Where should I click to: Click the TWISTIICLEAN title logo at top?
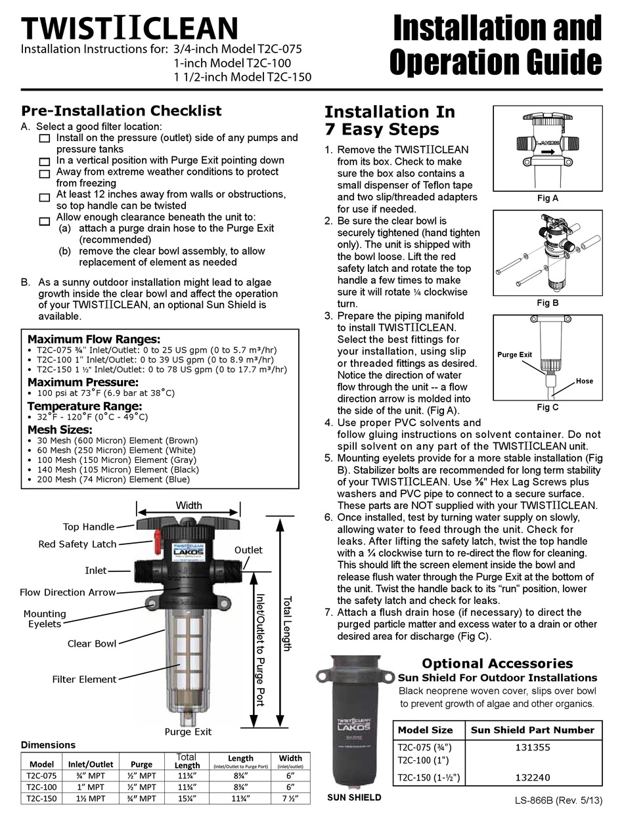129,28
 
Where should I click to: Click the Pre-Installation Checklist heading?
122,110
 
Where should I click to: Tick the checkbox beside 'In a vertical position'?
44,162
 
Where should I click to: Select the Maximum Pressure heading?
82,381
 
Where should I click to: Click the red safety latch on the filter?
157,542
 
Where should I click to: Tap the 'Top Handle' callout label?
88,527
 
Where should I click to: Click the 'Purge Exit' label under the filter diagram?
188,731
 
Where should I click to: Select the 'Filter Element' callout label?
84,680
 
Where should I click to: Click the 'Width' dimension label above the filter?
189,506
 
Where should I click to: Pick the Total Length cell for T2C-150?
187,798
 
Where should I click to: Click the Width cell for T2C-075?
290,775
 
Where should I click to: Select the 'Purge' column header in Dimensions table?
141,764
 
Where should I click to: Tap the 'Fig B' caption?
547,303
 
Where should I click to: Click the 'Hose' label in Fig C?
584,381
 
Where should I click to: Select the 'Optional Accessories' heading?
497,663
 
